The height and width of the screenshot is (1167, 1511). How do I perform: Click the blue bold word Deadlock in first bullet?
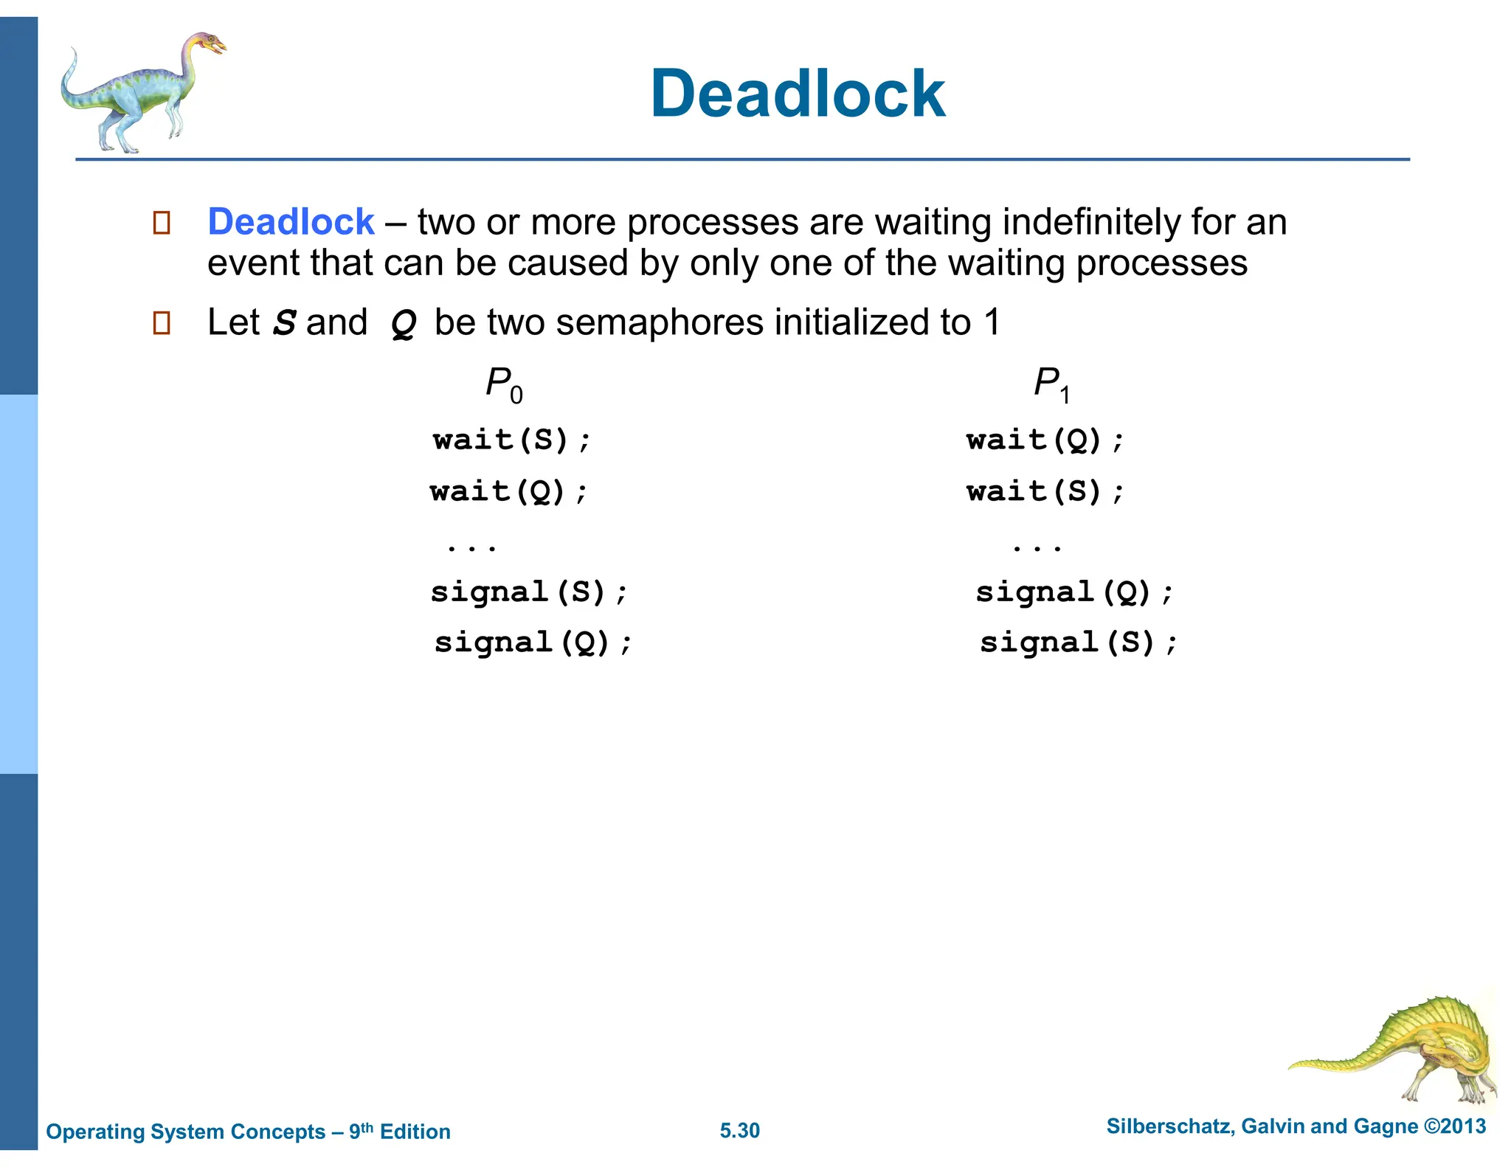point(291,222)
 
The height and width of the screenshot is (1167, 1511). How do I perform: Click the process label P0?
point(504,384)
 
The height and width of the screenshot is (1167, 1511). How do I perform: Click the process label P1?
point(1051,384)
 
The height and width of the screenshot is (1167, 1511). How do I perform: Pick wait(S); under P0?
point(511,440)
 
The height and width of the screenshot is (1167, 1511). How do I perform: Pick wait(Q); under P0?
point(509,491)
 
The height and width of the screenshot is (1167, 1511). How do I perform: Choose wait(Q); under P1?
point(1045,440)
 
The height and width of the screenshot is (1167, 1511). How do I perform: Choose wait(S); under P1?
point(1045,491)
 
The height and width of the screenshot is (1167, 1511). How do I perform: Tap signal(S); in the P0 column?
point(528,592)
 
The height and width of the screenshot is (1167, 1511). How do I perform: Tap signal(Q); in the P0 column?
point(533,643)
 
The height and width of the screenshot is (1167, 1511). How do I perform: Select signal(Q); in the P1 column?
point(1073,592)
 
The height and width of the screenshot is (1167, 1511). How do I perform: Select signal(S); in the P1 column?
point(1077,643)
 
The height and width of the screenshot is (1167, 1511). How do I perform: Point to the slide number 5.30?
point(739,1131)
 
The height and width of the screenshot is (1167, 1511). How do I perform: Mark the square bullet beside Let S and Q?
point(162,323)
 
